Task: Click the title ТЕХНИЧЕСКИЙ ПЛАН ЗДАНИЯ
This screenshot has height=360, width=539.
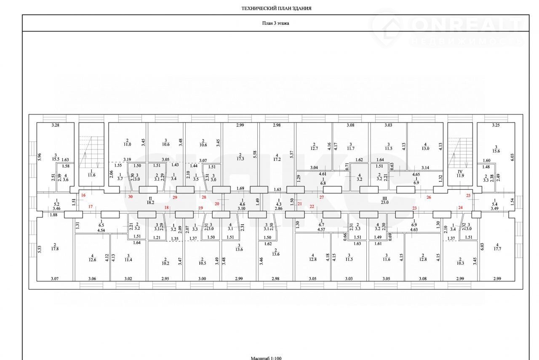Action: pyautogui.click(x=276, y=8)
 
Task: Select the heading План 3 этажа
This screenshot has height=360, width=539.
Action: pyautogui.click(x=275, y=24)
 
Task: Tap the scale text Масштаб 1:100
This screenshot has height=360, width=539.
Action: pyautogui.click(x=266, y=358)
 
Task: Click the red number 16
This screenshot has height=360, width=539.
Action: pyautogui.click(x=83, y=195)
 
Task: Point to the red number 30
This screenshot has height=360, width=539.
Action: pyautogui.click(x=130, y=197)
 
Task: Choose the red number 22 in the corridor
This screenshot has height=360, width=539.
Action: pyautogui.click(x=312, y=206)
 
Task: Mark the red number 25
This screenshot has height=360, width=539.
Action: pyautogui.click(x=468, y=195)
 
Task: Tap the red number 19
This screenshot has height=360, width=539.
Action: pyautogui.click(x=200, y=208)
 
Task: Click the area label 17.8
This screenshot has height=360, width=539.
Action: pyautogui.click(x=54, y=248)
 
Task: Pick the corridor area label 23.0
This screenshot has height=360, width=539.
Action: pyautogui.click(x=384, y=202)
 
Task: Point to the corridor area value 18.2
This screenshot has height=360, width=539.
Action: pyautogui.click(x=150, y=202)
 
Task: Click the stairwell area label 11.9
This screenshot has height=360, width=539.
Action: pyautogui.click(x=460, y=176)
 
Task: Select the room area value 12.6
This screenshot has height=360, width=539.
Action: pyautogui.click(x=92, y=260)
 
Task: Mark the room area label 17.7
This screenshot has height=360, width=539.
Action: pyautogui.click(x=497, y=248)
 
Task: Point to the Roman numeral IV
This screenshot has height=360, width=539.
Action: pyautogui.click(x=460, y=171)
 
